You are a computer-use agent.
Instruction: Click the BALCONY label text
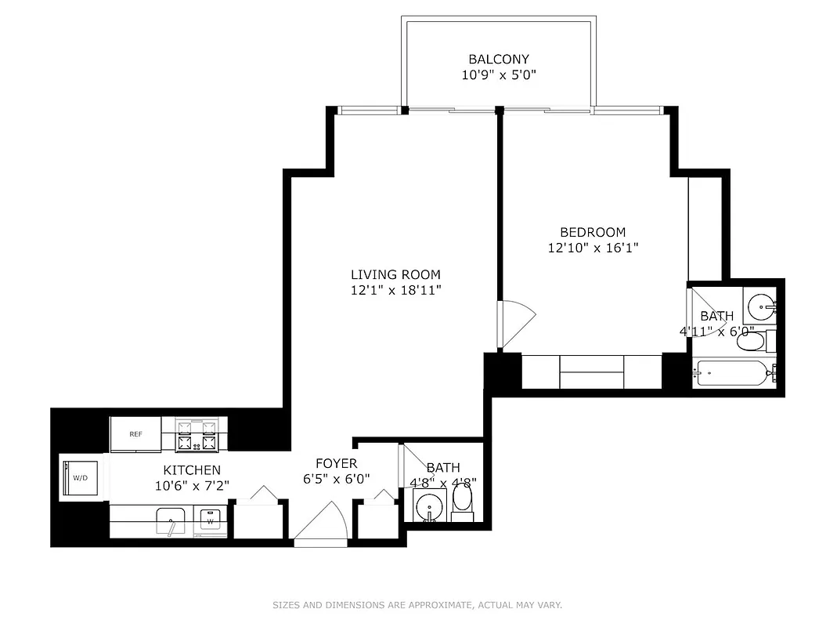[499, 59]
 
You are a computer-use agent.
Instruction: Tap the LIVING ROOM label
[395, 274]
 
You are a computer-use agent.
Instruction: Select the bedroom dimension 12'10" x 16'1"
[593, 248]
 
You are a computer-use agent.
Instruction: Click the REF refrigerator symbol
[135, 434]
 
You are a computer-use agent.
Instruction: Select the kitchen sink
[170, 520]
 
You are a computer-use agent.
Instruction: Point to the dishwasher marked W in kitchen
[210, 520]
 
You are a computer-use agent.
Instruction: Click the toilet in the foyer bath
[463, 500]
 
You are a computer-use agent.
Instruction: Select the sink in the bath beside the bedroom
[758, 304]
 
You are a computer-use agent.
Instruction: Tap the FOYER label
[336, 463]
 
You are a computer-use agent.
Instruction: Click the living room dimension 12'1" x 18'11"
[395, 290]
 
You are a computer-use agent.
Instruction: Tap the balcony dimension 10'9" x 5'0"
[499, 74]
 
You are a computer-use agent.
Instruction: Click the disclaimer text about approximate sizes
[417, 605]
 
